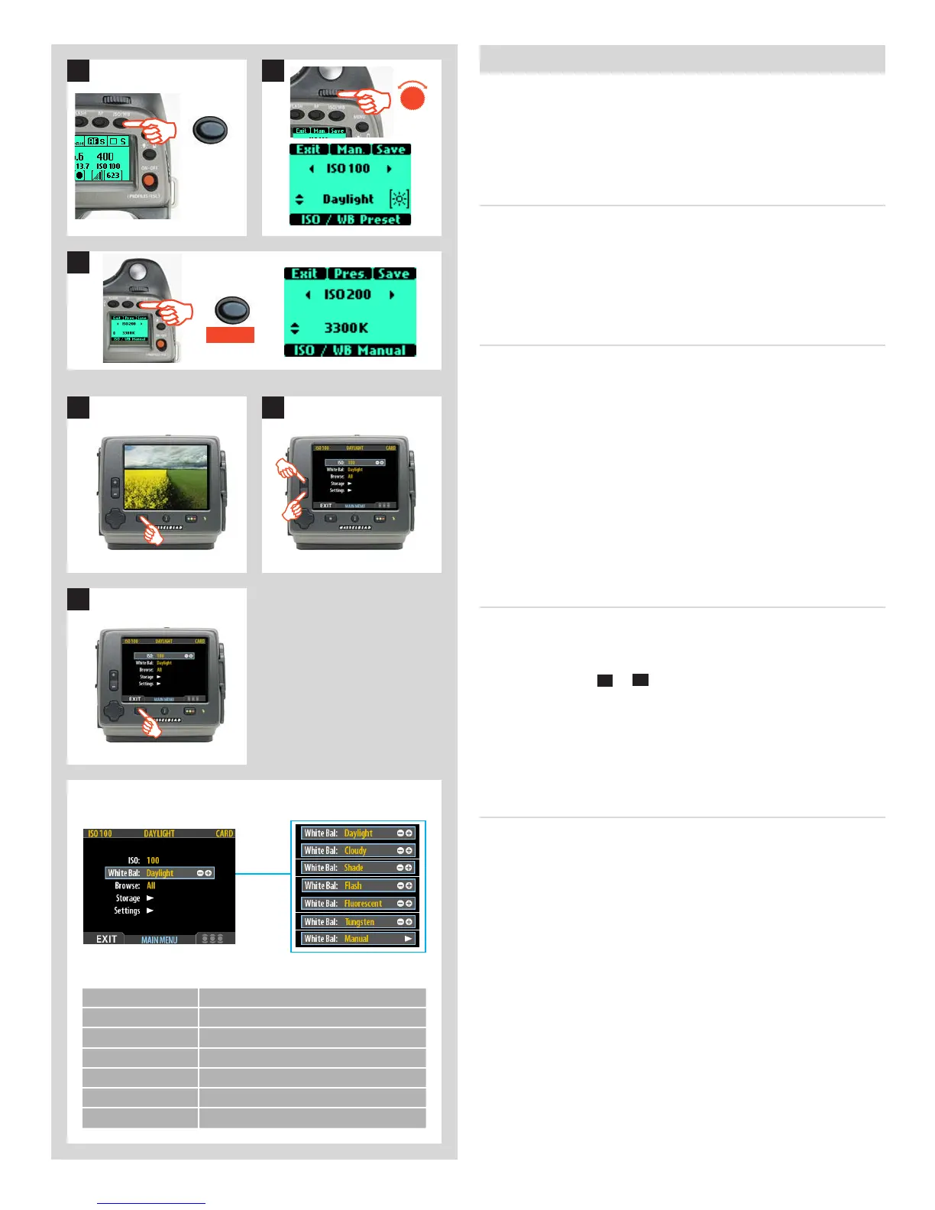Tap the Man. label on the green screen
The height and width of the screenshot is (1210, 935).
pos(351,150)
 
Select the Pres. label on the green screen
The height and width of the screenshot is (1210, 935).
pos(350,273)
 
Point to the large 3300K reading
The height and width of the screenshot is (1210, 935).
pos(346,328)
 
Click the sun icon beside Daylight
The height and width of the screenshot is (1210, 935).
pos(400,199)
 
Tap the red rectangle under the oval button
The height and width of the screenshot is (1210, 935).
pos(230,335)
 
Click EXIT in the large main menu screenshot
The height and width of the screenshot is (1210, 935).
pos(107,939)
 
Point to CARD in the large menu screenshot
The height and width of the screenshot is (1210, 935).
pos(225,833)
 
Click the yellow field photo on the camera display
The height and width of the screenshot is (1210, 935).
pos(165,477)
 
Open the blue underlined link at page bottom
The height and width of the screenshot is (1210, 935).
pos(151,1202)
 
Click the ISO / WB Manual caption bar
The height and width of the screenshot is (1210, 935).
pos(350,351)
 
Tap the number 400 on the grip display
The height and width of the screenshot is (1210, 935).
pos(105,156)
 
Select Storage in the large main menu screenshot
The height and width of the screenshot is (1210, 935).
pos(128,898)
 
